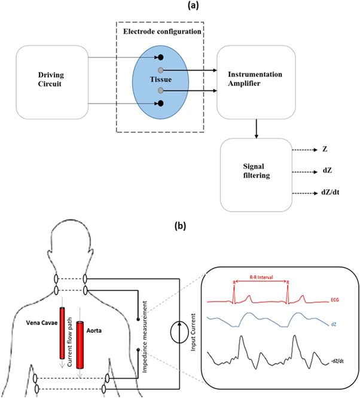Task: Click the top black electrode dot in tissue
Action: point(160,58)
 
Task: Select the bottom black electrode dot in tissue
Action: point(160,104)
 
